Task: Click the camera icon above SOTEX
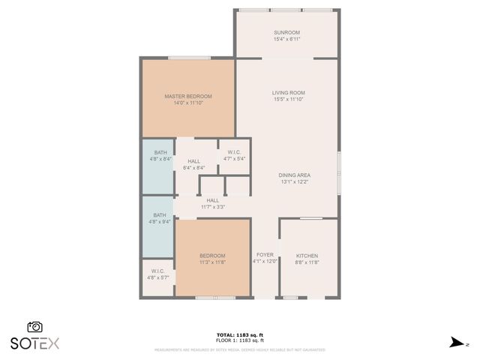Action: (x=34, y=327)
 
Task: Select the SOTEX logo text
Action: (x=34, y=343)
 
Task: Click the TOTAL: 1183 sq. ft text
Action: (x=240, y=334)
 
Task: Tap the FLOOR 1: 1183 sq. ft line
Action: (x=240, y=340)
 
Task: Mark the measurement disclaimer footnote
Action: (x=240, y=349)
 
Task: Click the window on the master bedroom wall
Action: (x=188, y=58)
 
